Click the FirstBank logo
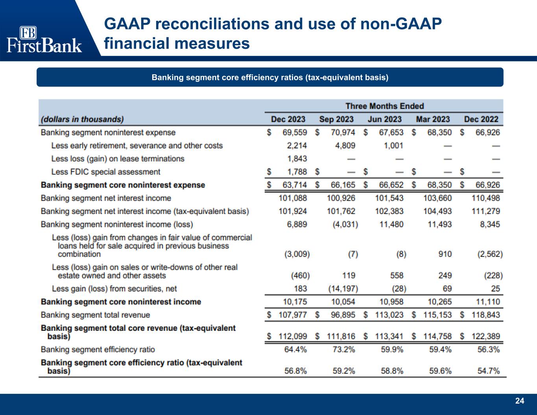(x=44, y=39)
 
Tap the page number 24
(x=520, y=401)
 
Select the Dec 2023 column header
(x=288, y=119)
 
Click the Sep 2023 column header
(x=336, y=119)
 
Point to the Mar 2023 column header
(x=433, y=119)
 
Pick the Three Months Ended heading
(x=384, y=106)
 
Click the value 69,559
(x=295, y=133)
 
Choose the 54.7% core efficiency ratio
(x=489, y=371)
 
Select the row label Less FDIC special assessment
(x=105, y=172)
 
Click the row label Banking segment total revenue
(x=95, y=315)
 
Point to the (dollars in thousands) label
(x=82, y=119)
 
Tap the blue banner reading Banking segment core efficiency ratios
(x=270, y=77)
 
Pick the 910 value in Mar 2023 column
(x=445, y=254)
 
